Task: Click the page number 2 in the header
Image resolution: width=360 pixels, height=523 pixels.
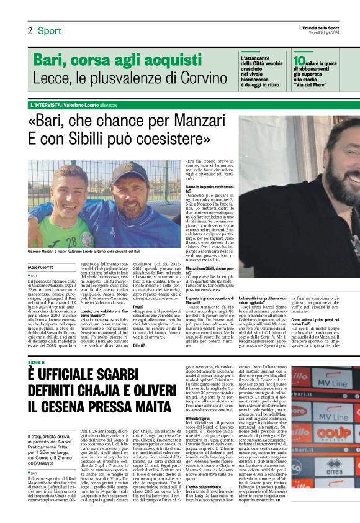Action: (x=29, y=30)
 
